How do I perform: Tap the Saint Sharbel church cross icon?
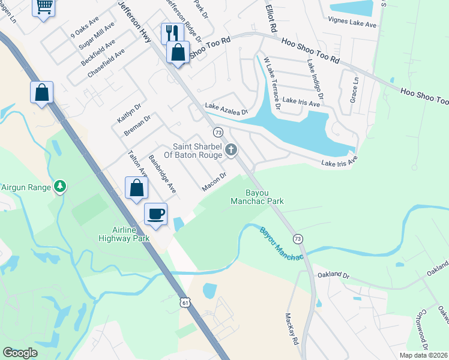(231, 151)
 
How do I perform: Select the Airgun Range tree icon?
(59, 187)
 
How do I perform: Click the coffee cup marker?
(155, 214)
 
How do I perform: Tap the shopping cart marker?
(43, 7)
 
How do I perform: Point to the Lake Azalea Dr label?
(226, 109)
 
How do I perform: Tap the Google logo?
(20, 353)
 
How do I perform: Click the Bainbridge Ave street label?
(162, 175)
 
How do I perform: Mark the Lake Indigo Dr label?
(316, 80)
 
